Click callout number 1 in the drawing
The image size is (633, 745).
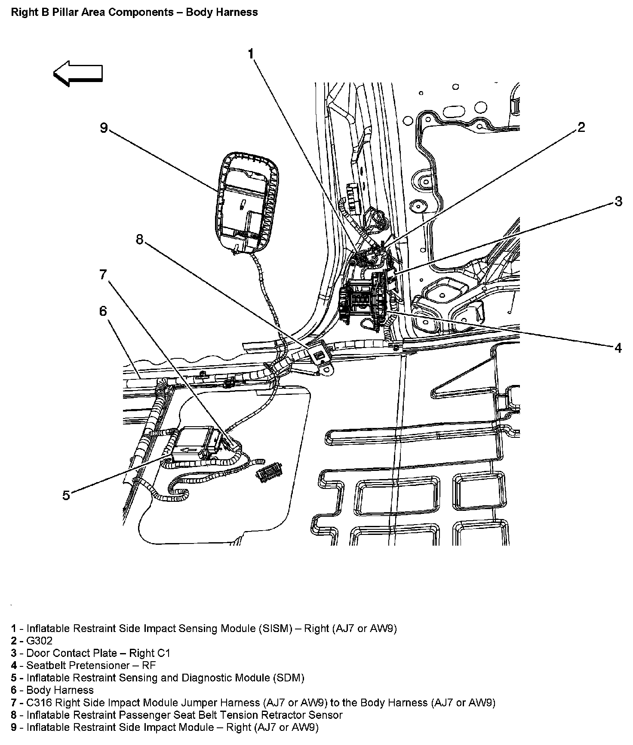coord(251,54)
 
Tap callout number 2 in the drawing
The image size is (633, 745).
coord(581,127)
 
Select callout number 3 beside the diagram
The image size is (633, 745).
coord(618,201)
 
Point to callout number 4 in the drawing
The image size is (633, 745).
coord(618,348)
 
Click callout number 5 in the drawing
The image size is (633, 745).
coord(66,495)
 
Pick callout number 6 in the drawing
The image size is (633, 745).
coord(103,311)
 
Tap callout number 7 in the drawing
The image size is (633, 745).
coord(103,274)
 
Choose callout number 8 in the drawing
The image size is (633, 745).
coord(139,239)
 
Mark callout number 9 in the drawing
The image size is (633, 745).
coord(104,128)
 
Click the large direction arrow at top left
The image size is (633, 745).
coord(78,73)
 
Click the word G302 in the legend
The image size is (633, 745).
coord(40,641)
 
